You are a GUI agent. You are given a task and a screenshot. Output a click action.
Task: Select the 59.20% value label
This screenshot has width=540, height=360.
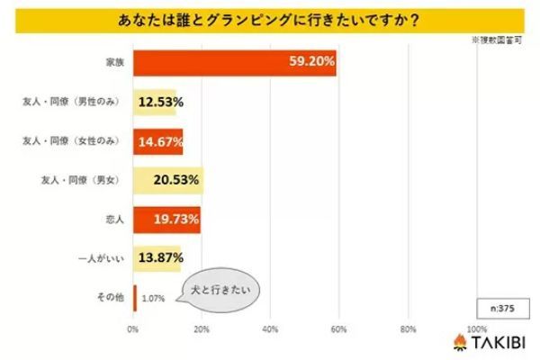coord(308,63)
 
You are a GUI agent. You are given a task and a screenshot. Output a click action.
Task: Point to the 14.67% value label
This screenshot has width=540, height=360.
coord(160,140)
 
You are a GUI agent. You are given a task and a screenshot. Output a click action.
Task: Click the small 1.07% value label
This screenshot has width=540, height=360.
coord(153,298)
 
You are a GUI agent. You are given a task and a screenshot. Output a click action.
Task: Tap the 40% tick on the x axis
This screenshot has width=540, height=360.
coord(271,328)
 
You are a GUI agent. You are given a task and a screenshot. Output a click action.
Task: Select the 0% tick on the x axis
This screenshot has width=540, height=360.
coord(133,328)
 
